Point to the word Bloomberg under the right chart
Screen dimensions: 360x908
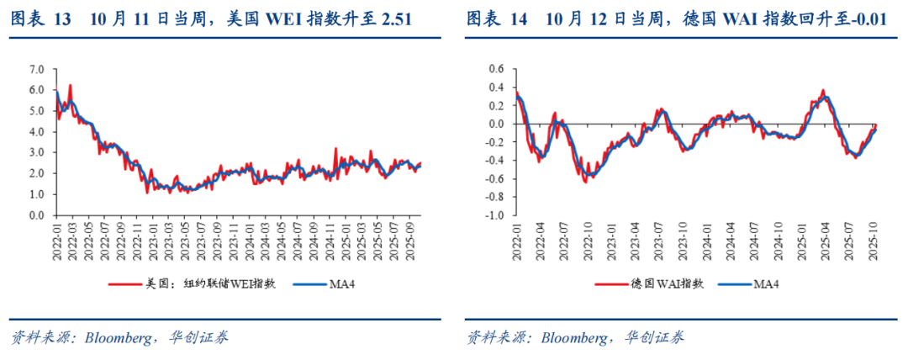click(x=573, y=338)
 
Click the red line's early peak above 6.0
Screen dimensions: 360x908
click(x=70, y=85)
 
